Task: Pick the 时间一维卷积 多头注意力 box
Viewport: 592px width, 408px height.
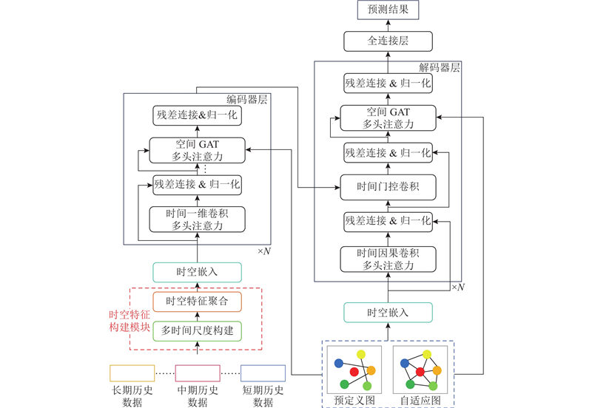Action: [197, 220]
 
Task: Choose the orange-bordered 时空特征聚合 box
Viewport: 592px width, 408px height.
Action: [197, 301]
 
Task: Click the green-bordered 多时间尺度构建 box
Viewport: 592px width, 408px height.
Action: [197, 330]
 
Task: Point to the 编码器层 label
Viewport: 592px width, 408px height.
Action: [246, 100]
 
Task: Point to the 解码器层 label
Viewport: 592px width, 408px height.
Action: [440, 67]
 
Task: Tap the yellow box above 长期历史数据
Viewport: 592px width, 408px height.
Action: [132, 373]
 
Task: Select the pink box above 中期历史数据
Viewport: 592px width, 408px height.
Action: [198, 373]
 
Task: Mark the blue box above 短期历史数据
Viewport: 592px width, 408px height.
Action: [263, 373]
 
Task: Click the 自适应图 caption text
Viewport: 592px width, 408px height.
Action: [420, 400]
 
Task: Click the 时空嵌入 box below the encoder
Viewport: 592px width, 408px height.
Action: [197, 271]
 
